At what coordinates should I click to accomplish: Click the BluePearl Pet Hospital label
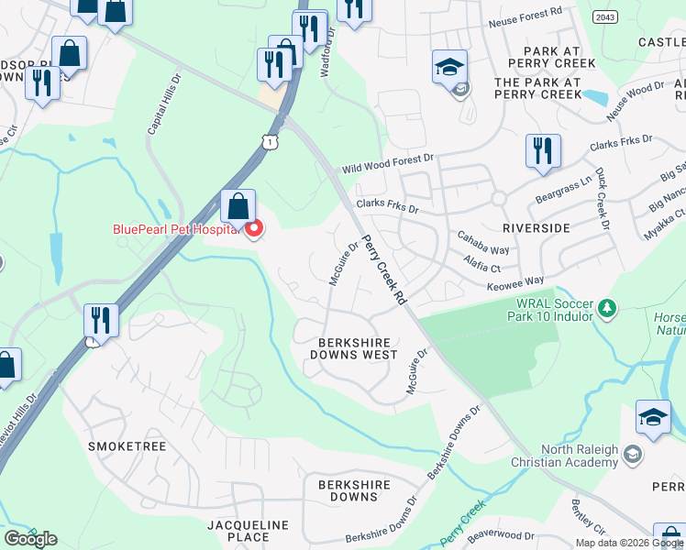click(175, 229)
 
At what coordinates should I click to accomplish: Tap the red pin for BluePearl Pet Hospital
click(253, 227)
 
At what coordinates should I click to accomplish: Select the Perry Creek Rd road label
click(385, 269)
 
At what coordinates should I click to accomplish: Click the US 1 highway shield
click(269, 140)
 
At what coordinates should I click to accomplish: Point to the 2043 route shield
click(604, 16)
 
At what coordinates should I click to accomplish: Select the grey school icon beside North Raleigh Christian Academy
click(632, 454)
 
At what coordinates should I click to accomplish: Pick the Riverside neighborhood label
click(537, 227)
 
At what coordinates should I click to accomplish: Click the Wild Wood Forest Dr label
click(388, 164)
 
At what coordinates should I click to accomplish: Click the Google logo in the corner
click(30, 539)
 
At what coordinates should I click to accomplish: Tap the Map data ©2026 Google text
click(629, 543)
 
